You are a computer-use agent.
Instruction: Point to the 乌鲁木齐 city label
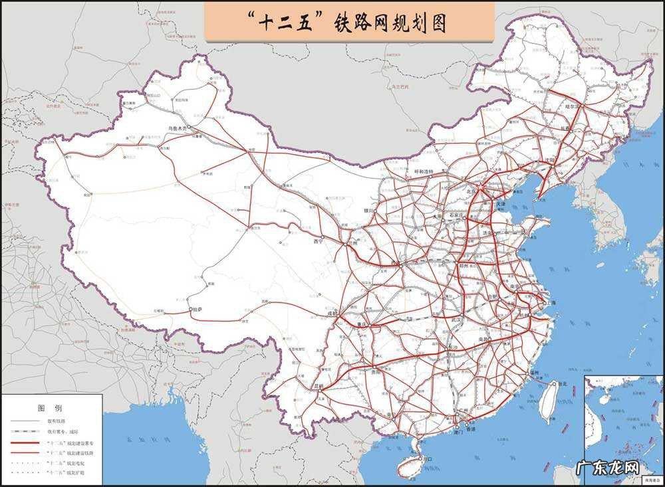pos(178,128)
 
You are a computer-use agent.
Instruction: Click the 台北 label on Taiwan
pos(563,383)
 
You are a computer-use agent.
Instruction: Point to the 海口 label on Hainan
pos(428,458)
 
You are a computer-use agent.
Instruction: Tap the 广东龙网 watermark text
pos(613,466)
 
